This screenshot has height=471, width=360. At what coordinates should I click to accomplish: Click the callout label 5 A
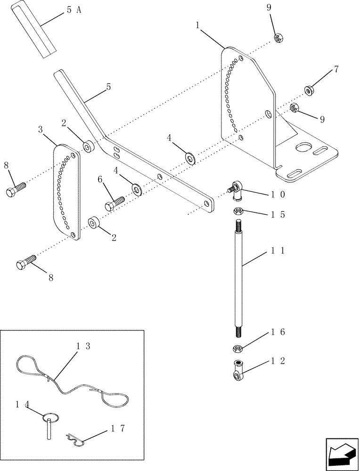click(73, 10)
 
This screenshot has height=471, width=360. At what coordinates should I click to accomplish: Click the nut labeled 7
click(310, 89)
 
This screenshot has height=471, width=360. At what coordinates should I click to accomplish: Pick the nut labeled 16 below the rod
click(238, 349)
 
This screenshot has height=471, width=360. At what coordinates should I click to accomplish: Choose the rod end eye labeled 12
click(238, 368)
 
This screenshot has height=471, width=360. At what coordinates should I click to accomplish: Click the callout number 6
click(100, 179)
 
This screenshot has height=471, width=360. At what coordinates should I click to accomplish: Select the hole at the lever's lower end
click(206, 203)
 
